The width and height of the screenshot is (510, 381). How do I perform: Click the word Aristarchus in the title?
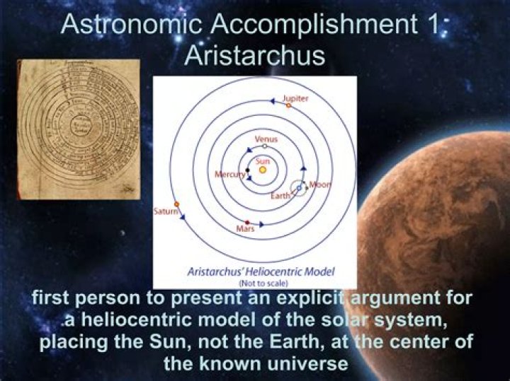(254, 54)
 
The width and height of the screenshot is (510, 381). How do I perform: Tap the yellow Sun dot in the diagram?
(263, 170)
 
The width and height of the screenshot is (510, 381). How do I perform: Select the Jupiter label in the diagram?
(295, 98)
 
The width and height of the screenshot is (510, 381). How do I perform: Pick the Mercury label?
(229, 173)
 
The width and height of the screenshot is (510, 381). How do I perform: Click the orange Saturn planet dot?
(176, 204)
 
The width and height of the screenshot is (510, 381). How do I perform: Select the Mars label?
(244, 230)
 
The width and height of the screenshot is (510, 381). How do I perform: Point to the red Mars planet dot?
(247, 222)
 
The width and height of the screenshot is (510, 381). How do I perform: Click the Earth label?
(280, 195)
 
